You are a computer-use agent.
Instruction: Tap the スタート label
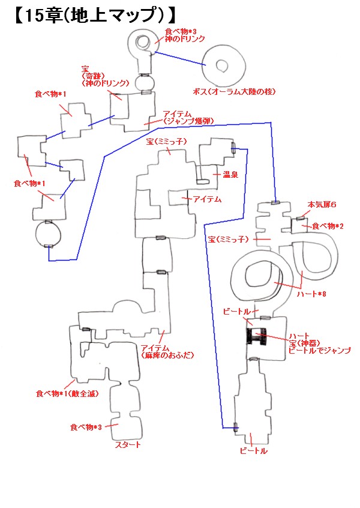pos(128,445)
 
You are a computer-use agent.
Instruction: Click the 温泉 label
pos(230,175)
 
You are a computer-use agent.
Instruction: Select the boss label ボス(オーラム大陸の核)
pos(234,92)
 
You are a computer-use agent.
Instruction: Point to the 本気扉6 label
pos(322,204)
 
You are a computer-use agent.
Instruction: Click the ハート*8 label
pos(311,294)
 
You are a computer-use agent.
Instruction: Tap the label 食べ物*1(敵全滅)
pos(67,394)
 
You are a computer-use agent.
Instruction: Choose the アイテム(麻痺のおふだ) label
pos(167,352)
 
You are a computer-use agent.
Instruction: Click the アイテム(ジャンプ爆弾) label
pos(188,118)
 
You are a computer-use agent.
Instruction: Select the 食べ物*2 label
pos(328,226)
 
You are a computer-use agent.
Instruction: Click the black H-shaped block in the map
pos(256,336)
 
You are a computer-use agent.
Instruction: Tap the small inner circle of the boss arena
pos(222,66)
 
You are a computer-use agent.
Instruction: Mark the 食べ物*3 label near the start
pos(86,428)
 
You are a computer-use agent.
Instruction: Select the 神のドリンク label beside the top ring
pos(185,39)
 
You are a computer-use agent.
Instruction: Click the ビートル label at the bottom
pos(254,451)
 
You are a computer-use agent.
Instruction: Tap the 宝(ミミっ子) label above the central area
pos(166,142)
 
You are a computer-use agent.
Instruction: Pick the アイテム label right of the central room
pos(207,199)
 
